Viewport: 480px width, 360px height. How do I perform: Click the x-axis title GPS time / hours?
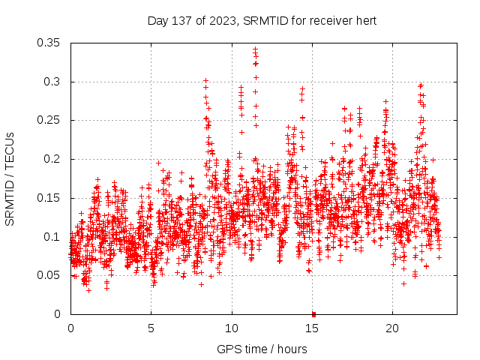pos(262,349)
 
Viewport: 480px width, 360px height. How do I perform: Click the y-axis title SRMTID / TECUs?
pos(10,178)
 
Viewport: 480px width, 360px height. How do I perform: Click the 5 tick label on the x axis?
pos(151,328)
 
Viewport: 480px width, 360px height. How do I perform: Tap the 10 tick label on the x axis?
pos(232,328)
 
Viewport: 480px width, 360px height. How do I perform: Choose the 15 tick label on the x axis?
pos(312,328)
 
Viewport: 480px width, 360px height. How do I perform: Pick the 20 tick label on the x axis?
pos(392,328)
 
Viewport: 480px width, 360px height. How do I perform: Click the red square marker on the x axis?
pos(313,314)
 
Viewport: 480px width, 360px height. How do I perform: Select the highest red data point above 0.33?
pos(255,49)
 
